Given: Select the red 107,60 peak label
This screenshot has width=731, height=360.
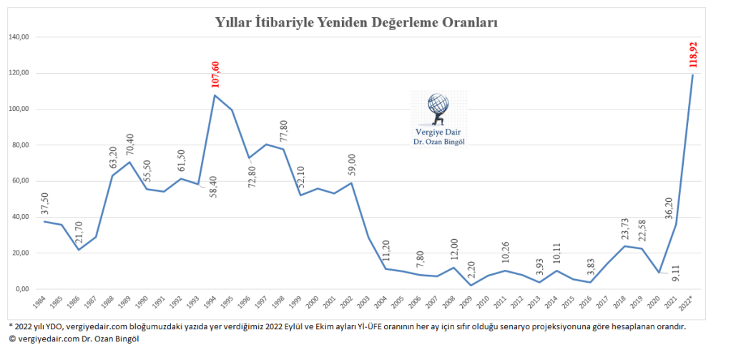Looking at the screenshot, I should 215,74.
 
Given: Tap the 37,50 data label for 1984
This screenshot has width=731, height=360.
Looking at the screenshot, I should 45,203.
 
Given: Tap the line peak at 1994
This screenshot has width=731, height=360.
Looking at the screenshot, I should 215,95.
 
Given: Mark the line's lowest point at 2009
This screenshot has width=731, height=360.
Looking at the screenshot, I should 471,285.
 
